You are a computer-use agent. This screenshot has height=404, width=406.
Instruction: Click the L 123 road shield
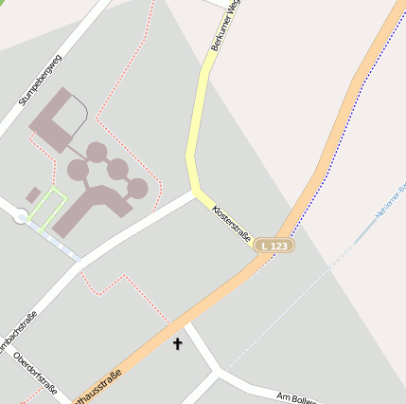point(274,246)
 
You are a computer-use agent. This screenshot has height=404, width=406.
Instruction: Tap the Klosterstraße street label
point(232,220)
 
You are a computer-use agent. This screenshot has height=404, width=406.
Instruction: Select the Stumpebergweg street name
point(40,80)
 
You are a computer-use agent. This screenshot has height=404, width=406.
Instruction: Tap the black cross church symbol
point(177,344)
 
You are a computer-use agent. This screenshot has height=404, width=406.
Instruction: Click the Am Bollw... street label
point(300,396)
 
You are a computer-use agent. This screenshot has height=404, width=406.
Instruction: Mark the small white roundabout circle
point(21,217)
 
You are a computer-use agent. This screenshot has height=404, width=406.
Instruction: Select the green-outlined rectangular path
point(47,206)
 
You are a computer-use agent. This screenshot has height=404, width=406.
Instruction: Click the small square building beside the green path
point(33,194)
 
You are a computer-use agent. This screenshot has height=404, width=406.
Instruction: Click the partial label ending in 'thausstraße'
point(99,387)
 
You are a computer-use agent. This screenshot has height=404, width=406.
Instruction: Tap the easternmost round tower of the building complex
point(138,188)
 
